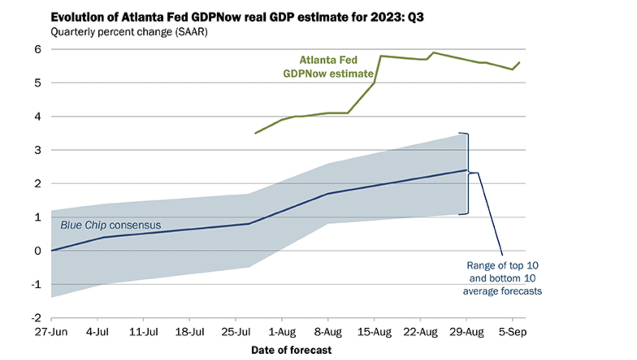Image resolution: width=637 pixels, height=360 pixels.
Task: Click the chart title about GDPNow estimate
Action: (x=237, y=17)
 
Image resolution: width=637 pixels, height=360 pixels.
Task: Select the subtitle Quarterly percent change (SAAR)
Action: (x=129, y=32)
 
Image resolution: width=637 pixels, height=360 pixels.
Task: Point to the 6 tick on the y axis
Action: (x=38, y=49)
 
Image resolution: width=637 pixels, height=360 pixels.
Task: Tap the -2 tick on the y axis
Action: (x=36, y=318)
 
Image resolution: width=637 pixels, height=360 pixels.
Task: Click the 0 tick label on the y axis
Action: (x=38, y=251)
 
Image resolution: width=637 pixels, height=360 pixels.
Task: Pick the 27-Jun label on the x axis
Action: (x=51, y=332)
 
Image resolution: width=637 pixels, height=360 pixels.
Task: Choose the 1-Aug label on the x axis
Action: (x=282, y=332)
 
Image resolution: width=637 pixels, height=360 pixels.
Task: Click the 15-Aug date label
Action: (x=374, y=332)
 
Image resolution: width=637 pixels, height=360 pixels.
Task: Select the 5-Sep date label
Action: (x=512, y=332)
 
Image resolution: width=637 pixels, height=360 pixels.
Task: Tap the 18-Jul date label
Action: (x=190, y=332)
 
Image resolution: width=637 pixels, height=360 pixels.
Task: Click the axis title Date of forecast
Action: (x=291, y=350)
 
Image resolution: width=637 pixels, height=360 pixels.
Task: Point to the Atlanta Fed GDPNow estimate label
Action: (x=328, y=67)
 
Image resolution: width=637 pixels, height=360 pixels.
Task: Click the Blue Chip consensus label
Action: (x=110, y=225)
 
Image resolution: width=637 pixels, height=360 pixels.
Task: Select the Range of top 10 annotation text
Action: (x=502, y=278)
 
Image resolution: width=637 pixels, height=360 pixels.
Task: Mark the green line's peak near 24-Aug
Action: (x=433, y=52)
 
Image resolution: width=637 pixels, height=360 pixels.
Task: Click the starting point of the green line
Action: (x=255, y=133)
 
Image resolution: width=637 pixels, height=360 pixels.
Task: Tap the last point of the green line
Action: (x=519, y=63)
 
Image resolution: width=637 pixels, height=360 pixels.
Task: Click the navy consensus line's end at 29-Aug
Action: (x=466, y=170)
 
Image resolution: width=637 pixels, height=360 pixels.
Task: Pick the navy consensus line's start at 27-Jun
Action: (x=52, y=251)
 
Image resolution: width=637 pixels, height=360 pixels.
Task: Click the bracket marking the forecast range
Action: (x=468, y=173)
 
